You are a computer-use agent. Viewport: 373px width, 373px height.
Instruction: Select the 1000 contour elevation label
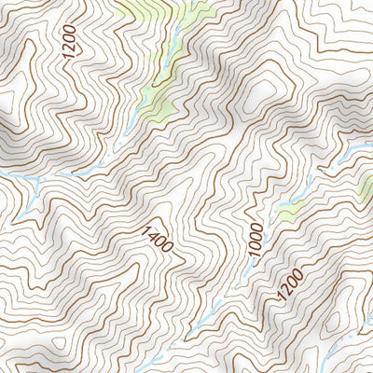(x=256, y=237)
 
